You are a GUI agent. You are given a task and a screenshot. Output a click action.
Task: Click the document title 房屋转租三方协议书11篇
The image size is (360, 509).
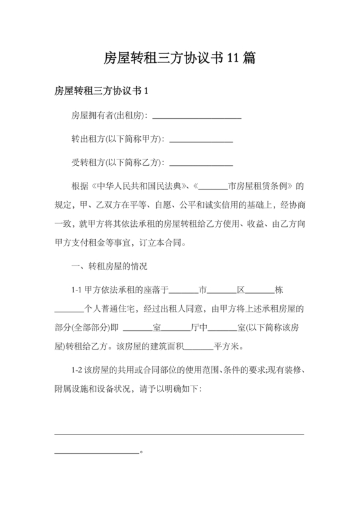(x=180, y=59)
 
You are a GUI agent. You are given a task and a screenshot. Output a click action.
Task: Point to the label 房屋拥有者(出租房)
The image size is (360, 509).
(x=109, y=116)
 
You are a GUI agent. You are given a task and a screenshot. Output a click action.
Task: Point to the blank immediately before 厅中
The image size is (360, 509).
(x=177, y=328)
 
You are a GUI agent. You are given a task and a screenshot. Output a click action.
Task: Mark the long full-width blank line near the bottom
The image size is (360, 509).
(x=179, y=434)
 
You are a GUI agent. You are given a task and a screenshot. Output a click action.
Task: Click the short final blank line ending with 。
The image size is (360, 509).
(x=97, y=452)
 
